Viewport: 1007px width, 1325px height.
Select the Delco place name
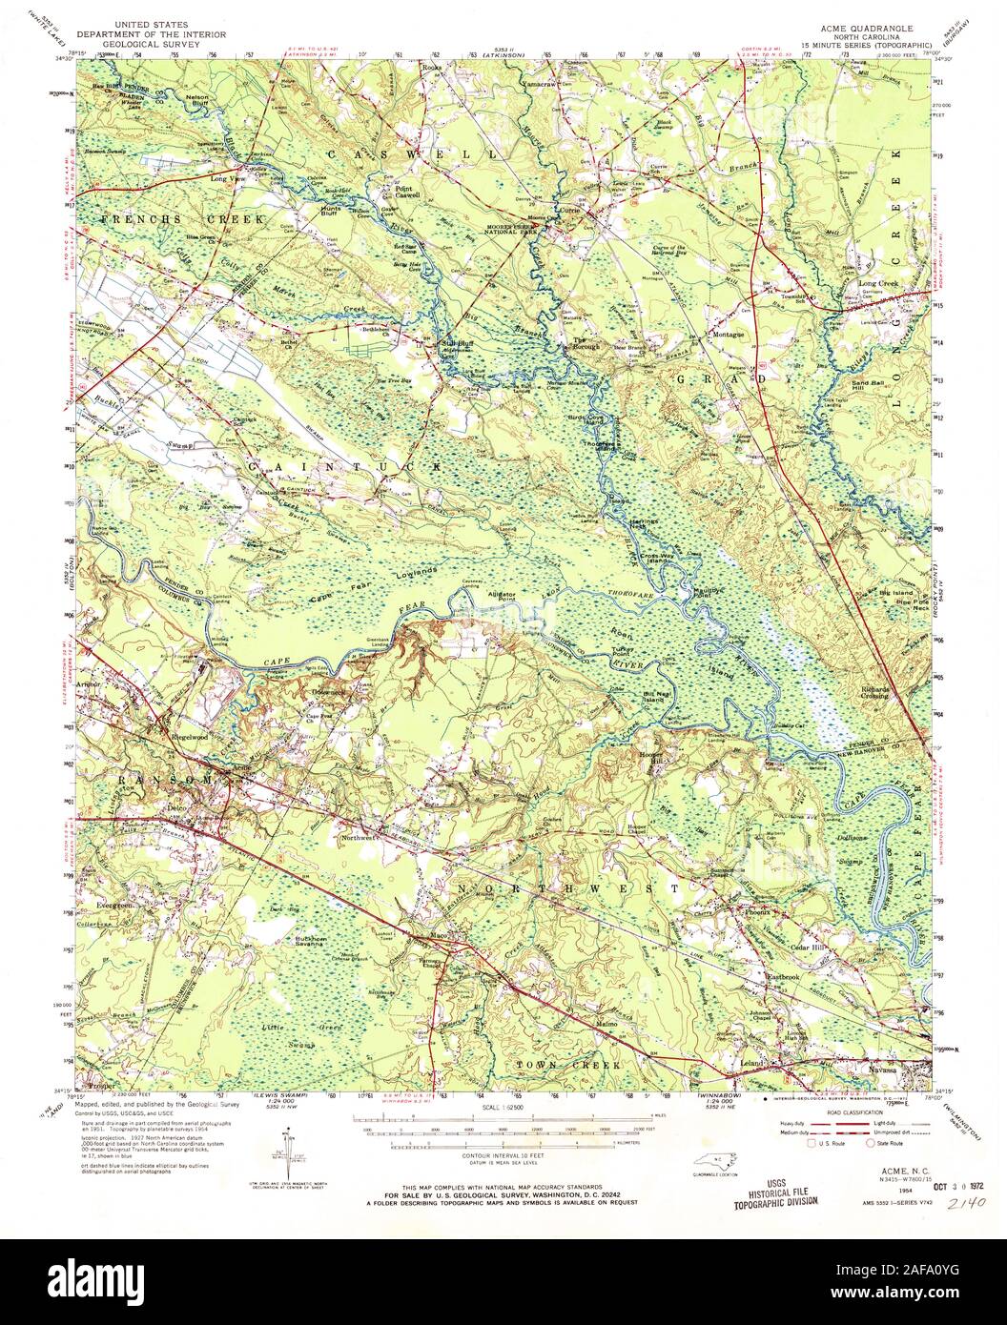[175, 808]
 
